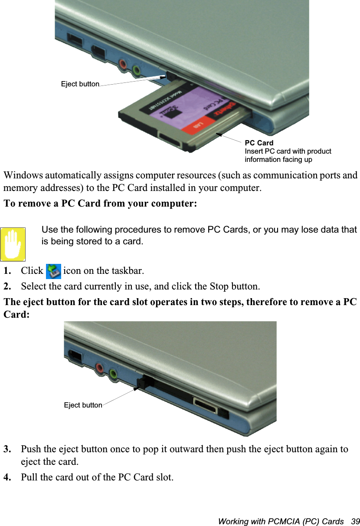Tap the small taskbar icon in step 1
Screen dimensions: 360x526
click(53, 271)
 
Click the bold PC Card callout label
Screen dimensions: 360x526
click(259, 143)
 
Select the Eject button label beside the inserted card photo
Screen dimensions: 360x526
click(80, 84)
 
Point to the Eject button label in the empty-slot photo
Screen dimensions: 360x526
click(83, 405)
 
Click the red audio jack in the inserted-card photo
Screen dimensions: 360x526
click(123, 65)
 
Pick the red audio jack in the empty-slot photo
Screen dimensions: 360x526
click(100, 368)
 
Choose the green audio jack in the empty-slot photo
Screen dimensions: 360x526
click(113, 373)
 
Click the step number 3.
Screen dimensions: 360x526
click(7, 449)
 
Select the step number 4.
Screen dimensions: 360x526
click(7, 478)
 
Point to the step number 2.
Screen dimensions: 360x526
click(7, 287)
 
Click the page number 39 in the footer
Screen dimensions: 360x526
click(356, 521)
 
